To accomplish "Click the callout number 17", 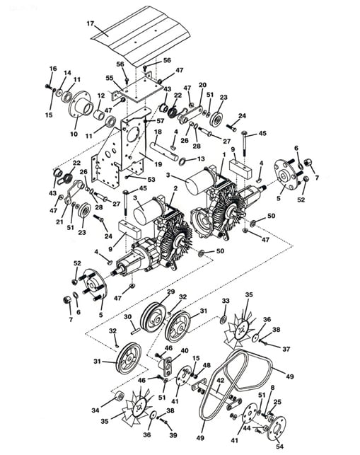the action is pyautogui.click(x=91, y=23).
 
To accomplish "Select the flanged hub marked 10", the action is pyautogui.click(x=81, y=104).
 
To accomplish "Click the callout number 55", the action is pyautogui.click(x=110, y=78).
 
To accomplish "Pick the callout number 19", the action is pyautogui.click(x=158, y=164).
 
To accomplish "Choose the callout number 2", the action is pyautogui.click(x=175, y=188).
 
